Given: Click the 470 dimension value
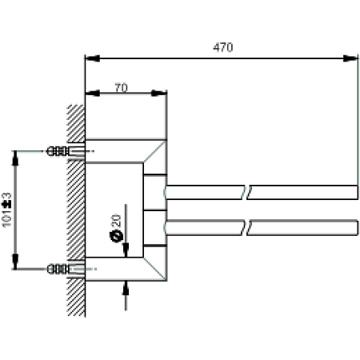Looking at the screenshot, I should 222,48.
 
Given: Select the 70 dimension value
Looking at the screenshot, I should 120,87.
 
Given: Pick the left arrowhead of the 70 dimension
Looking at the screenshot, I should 90,94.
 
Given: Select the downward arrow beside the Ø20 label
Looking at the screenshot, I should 125,250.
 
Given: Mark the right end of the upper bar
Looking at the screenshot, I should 355,192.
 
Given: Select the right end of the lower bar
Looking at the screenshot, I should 355,226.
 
